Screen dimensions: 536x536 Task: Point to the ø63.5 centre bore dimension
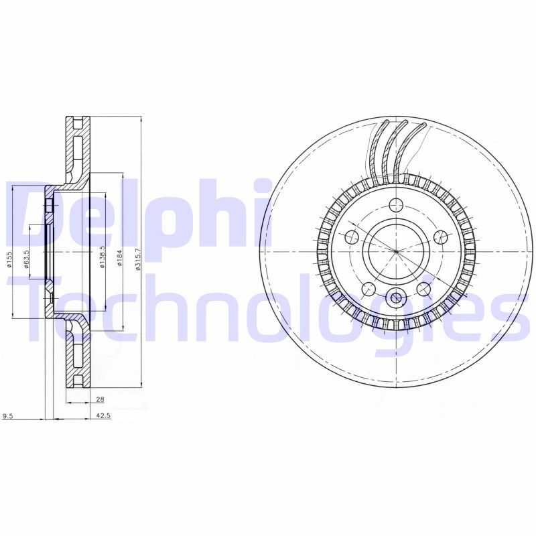pyautogui.click(x=27, y=258)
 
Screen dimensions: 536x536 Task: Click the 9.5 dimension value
pyautogui.click(x=8, y=416)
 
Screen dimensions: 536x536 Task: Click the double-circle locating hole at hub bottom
pyautogui.click(x=396, y=299)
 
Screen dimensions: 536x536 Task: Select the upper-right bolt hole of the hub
pyautogui.click(x=440, y=237)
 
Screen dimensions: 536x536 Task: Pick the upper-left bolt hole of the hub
pyautogui.click(x=352, y=237)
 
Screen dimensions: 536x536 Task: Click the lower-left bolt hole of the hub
pyautogui.click(x=368, y=289)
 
